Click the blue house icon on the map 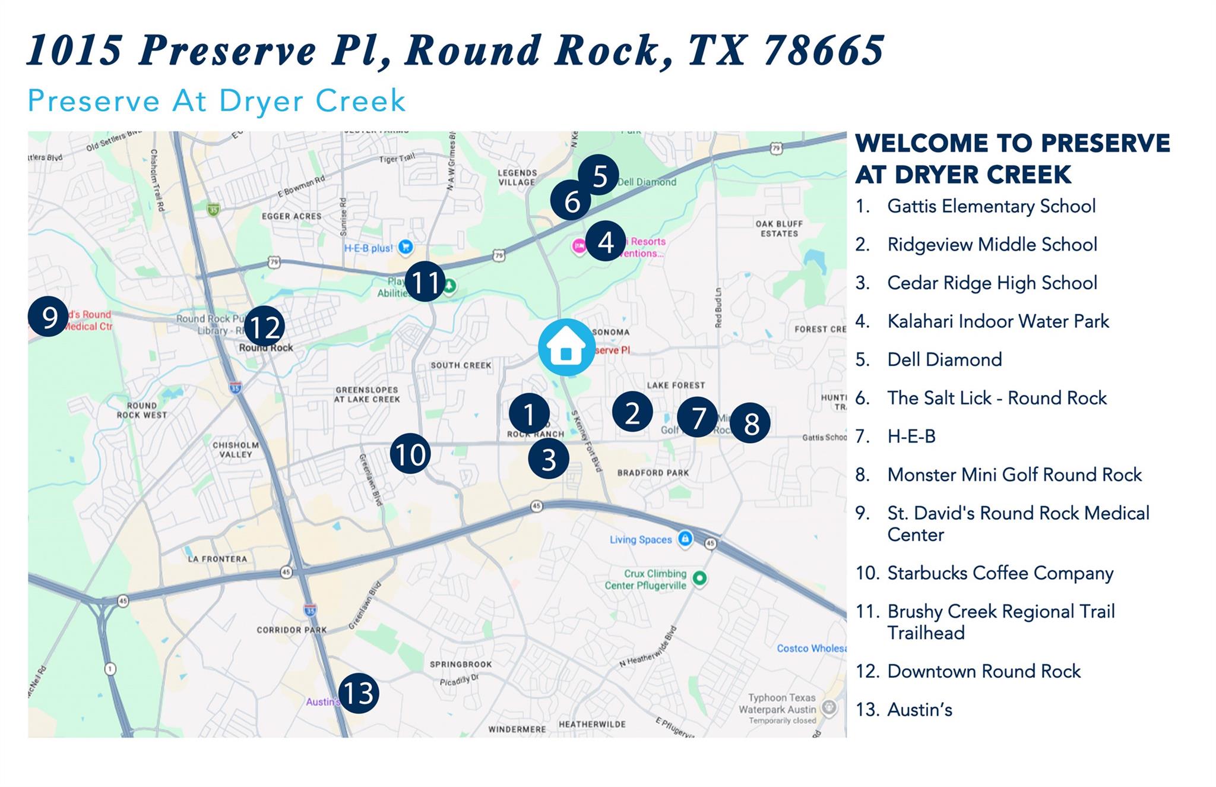click(566, 347)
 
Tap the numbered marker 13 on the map click(359, 693)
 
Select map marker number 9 click(48, 316)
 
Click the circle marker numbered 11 click(425, 282)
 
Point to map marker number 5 click(598, 175)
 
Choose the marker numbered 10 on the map click(410, 454)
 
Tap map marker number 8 click(750, 423)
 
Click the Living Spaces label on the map click(641, 539)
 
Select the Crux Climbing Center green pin click(700, 578)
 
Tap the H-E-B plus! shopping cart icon click(406, 246)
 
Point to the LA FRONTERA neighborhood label click(217, 559)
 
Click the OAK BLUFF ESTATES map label click(779, 229)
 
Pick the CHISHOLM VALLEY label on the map click(236, 450)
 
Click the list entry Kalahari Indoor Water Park click(997, 321)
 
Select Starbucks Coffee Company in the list click(1000, 573)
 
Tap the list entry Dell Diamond click(944, 360)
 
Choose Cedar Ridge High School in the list click(992, 283)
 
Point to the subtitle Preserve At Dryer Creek click(217, 101)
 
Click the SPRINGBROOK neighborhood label click(461, 664)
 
